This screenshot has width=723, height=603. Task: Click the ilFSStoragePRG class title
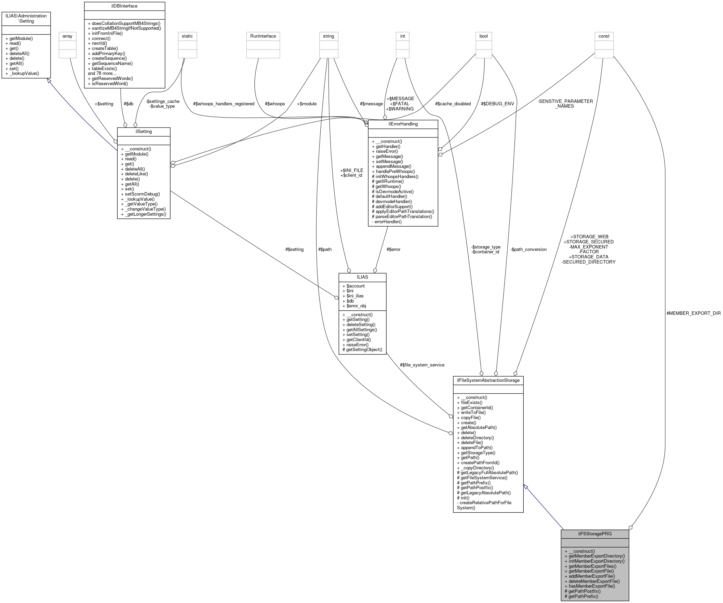[x=594, y=534]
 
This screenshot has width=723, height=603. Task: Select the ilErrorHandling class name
[x=403, y=124]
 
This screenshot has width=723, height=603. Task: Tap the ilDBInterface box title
[x=124, y=6]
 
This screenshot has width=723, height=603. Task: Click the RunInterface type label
[x=263, y=36]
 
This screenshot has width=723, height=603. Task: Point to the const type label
[x=604, y=36]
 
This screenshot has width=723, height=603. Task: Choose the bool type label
[x=483, y=36]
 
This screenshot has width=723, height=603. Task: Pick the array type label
[x=67, y=36]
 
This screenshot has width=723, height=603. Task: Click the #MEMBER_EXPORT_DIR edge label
[x=693, y=313]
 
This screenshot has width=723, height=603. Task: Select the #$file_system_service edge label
[x=422, y=365]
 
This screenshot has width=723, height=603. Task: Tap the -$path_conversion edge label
[x=528, y=249]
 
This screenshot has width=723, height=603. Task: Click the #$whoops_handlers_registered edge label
[x=224, y=104]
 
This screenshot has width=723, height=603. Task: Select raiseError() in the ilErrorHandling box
[x=387, y=151]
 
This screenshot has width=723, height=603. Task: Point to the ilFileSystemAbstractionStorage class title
[x=488, y=380]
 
